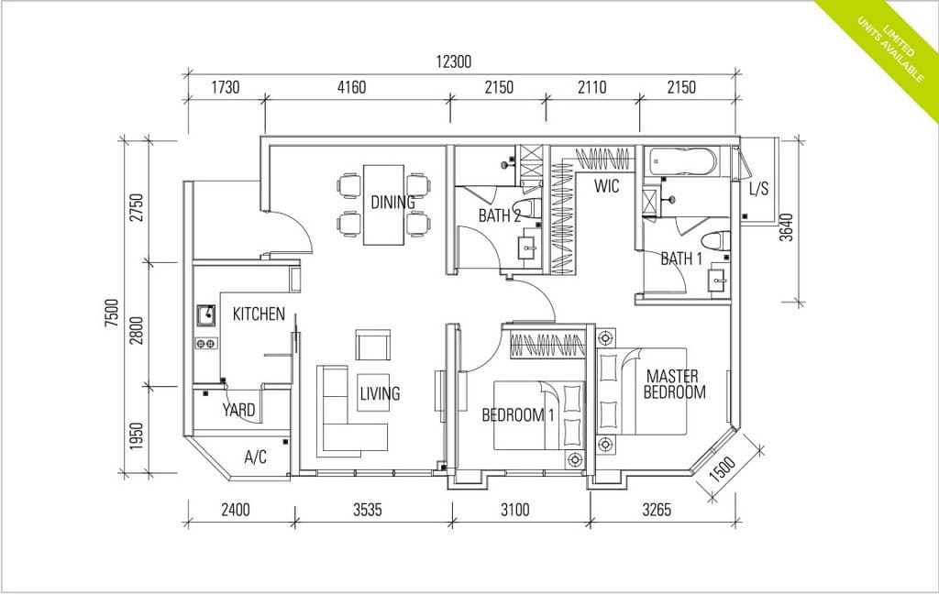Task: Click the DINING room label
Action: point(392,203)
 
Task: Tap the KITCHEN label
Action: point(258,314)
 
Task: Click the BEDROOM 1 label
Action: point(518,415)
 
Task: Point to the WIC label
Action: point(606,187)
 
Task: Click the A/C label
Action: point(255,457)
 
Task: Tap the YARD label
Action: point(238,410)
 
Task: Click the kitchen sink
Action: point(205,317)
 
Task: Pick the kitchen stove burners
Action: point(205,344)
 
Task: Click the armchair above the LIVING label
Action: point(371,347)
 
